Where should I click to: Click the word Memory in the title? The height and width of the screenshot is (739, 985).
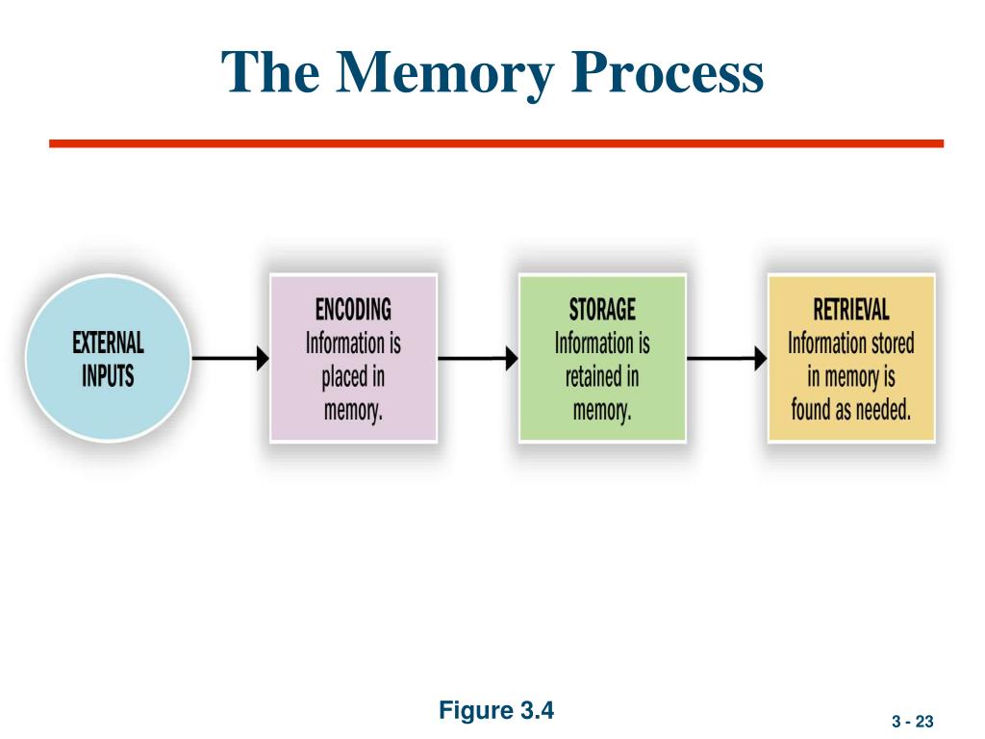444,73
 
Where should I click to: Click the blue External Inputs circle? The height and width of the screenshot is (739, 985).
108,359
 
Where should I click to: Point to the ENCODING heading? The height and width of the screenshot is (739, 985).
353,310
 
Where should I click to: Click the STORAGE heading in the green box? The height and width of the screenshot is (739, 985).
602,310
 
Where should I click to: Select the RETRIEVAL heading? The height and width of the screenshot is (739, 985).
851,310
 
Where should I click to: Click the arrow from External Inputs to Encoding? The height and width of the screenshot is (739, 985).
231,358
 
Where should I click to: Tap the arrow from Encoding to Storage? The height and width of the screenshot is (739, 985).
478,358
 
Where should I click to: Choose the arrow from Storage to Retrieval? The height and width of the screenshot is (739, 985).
727,358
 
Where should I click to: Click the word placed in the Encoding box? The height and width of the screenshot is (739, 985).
344,377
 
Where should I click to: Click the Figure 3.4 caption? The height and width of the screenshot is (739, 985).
496,710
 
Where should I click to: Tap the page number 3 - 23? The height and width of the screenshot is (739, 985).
912,722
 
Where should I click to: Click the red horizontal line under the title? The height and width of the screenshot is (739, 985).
496,144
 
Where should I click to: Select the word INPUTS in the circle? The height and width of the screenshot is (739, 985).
108,376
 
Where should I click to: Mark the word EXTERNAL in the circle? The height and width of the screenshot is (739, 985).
108,344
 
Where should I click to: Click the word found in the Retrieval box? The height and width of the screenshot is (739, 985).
811,410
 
